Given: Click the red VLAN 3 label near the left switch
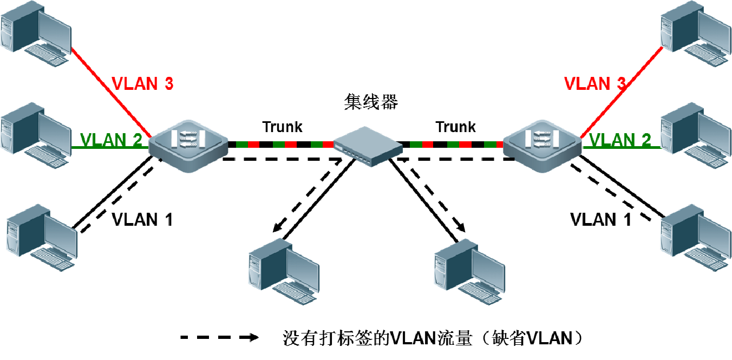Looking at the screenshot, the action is (142, 83).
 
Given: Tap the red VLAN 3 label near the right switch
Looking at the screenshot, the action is (595, 83).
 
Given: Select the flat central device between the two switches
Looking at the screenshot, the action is (368, 145).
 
